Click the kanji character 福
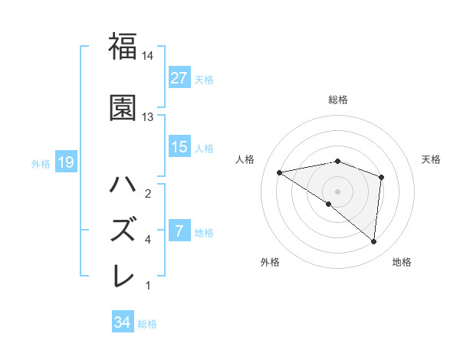pos(123,47)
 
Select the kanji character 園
pos(123,108)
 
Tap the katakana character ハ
pos(123,185)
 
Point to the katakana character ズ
pos(123,231)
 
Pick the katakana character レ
pos(123,276)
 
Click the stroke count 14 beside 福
pos(148,57)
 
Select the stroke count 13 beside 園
pos(148,117)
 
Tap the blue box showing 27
pos(179,77)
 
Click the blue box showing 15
pos(179,147)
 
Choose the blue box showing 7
pos(179,231)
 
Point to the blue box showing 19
pos(65,162)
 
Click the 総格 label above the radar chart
pos(338,100)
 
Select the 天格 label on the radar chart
pos(432,159)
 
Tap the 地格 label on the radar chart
pos(402,262)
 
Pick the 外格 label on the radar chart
pos(270,262)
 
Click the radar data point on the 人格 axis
pos(280,172)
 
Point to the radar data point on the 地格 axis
pos(374,242)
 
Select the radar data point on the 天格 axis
pos(381,177)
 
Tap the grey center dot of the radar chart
pos(337,191)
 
